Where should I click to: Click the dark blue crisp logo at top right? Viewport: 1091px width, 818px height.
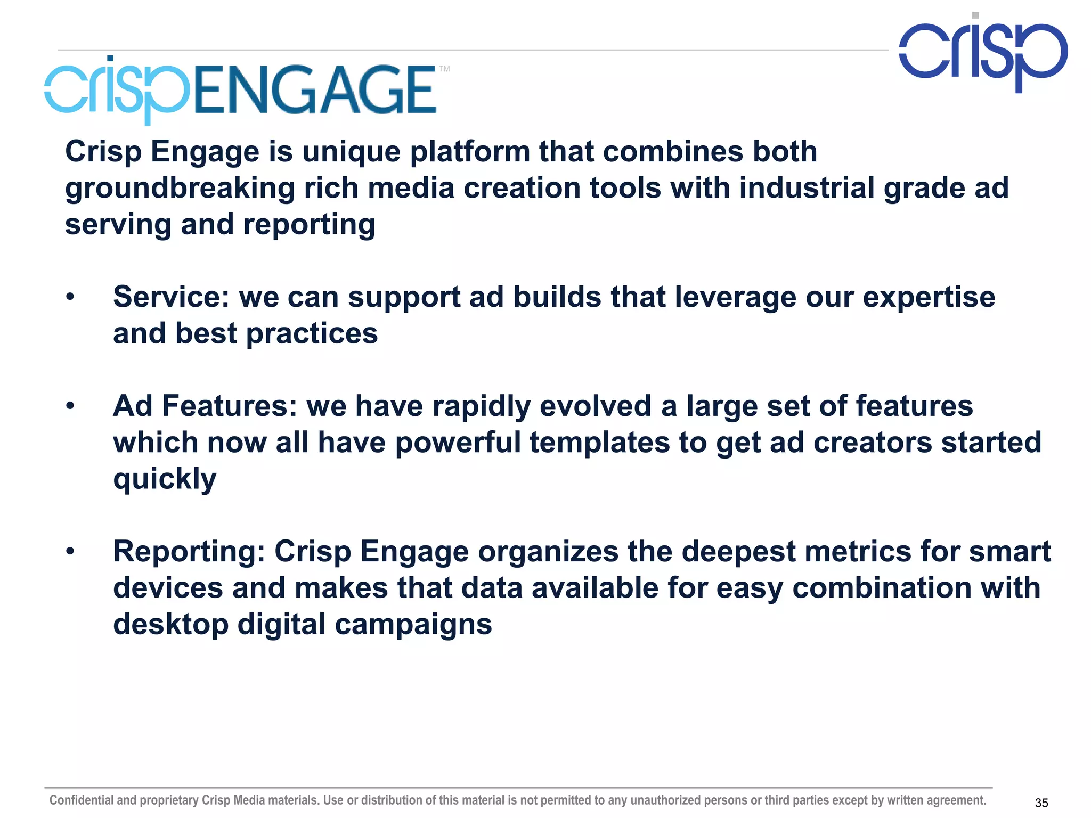pyautogui.click(x=983, y=53)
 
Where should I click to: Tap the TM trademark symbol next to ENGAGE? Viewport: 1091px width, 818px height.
pyautogui.click(x=444, y=69)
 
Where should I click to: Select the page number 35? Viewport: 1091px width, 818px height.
pyautogui.click(x=1041, y=803)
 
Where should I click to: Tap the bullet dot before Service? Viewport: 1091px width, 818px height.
pyautogui.click(x=70, y=297)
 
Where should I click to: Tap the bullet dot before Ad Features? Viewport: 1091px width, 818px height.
pyautogui.click(x=70, y=406)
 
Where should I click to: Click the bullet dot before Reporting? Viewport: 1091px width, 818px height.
pyautogui.click(x=70, y=552)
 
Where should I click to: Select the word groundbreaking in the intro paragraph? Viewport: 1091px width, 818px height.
pyautogui.click(x=180, y=189)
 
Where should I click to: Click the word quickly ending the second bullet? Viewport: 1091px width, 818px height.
pyautogui.click(x=165, y=479)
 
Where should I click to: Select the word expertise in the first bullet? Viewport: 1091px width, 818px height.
pyautogui.click(x=929, y=297)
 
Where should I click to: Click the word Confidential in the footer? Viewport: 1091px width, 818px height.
pyautogui.click(x=82, y=800)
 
